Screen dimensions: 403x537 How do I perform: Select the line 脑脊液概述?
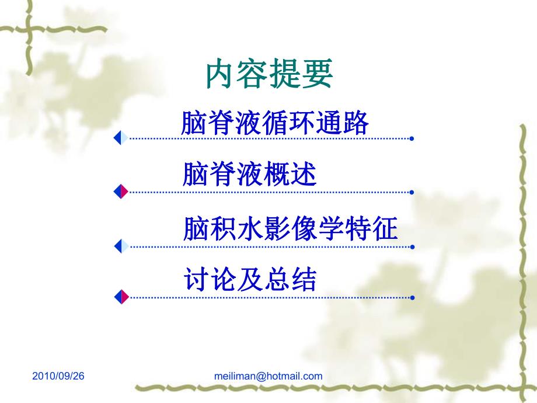coord(249,175)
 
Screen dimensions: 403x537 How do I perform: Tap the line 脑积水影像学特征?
coord(290,229)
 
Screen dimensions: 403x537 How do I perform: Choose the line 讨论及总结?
coord(249,280)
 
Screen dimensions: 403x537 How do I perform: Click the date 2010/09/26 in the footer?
coord(58,376)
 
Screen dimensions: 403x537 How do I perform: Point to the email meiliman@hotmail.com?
coord(268,376)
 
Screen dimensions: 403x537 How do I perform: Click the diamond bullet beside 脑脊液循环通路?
coord(121,138)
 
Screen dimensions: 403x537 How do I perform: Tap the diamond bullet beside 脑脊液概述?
coord(121,191)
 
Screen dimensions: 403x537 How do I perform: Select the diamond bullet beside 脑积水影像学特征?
coord(121,246)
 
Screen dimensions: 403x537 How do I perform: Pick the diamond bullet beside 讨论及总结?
coord(121,297)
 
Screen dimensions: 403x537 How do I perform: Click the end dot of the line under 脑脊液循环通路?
coord(412,139)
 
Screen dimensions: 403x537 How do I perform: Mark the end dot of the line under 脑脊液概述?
coord(412,192)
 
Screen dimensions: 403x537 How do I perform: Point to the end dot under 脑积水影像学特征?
coord(412,246)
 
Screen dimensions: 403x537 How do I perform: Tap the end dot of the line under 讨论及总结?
coord(412,297)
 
